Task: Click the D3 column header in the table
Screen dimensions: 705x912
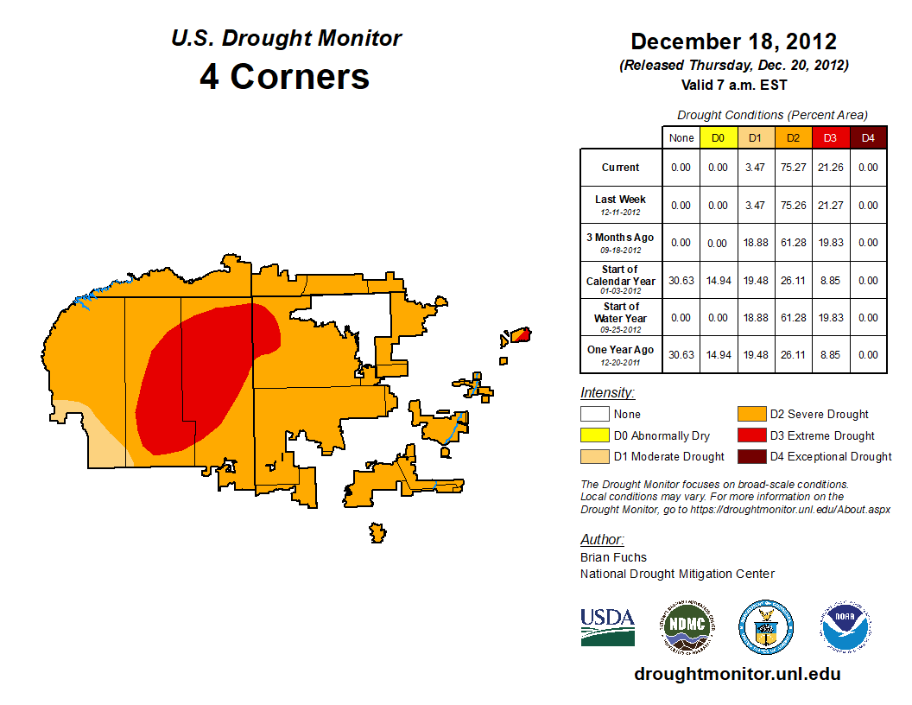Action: tap(830, 138)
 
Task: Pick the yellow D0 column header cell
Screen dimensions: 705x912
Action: tap(718, 138)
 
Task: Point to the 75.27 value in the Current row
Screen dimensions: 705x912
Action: tap(793, 168)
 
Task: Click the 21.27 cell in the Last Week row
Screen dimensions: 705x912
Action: tap(830, 206)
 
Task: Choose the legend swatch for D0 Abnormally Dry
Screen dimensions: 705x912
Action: tap(594, 435)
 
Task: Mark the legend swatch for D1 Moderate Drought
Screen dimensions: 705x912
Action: tap(594, 456)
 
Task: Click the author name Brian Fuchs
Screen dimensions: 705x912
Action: tap(613, 557)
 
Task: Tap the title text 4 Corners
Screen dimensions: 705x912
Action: tap(285, 76)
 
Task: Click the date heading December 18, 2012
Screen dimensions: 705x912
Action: tap(733, 41)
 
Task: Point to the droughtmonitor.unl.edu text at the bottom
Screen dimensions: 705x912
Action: tap(737, 674)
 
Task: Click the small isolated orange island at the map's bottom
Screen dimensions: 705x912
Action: tap(377, 531)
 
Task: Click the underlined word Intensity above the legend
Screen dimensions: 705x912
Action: tap(607, 393)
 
